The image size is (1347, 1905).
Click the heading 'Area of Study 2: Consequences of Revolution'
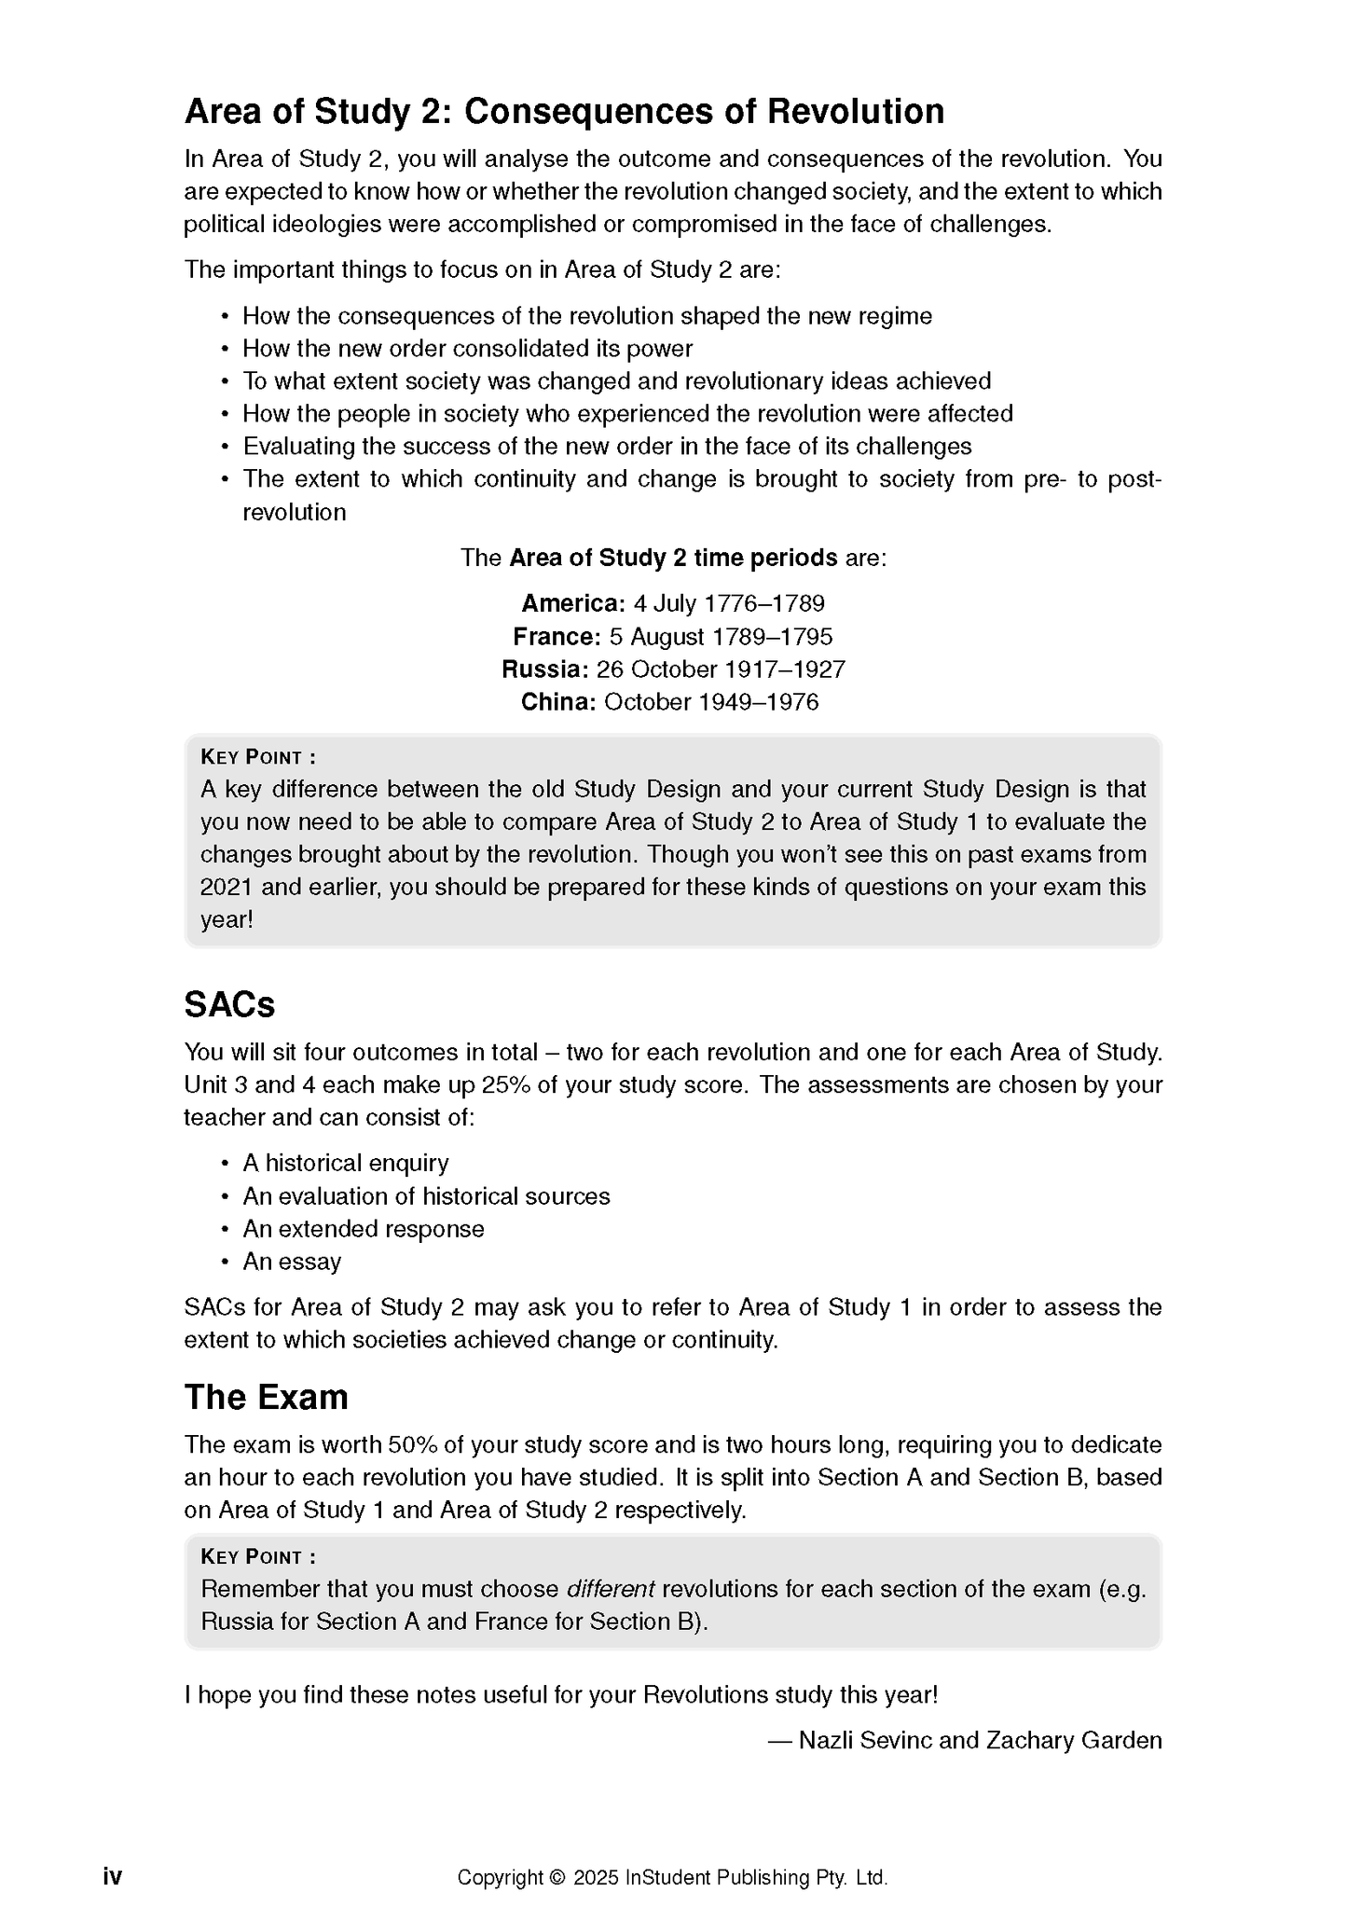click(x=564, y=112)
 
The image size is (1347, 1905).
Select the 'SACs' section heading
click(x=229, y=1004)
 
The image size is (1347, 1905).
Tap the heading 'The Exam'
click(x=266, y=1397)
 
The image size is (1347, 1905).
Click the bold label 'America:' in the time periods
click(x=573, y=603)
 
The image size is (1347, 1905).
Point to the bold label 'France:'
click(x=557, y=637)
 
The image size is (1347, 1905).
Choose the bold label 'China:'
click(x=557, y=702)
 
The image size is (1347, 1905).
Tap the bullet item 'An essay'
click(x=292, y=1262)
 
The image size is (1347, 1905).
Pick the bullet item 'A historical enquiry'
click(x=346, y=1163)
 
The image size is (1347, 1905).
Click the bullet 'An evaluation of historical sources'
click(x=426, y=1196)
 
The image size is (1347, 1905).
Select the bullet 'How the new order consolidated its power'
click(x=467, y=349)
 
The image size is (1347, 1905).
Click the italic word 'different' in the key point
click(x=611, y=1589)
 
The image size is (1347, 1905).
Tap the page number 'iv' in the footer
click(x=112, y=1876)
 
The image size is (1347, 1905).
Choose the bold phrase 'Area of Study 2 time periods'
click(x=673, y=558)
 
